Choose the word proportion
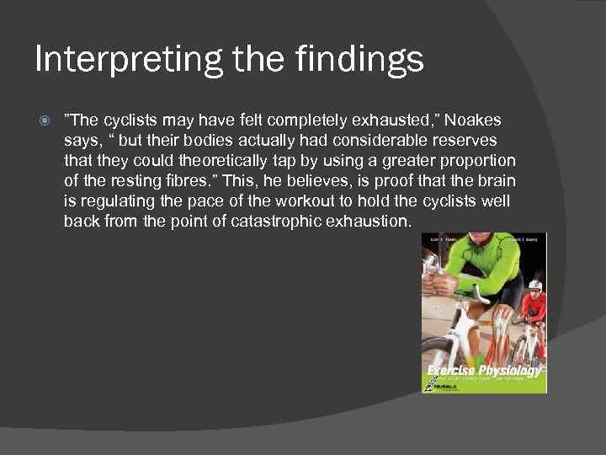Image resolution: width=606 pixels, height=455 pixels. [477, 161]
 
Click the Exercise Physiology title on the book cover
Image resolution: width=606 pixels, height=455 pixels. [483, 371]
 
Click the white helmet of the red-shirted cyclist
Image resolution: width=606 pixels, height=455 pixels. [532, 287]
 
